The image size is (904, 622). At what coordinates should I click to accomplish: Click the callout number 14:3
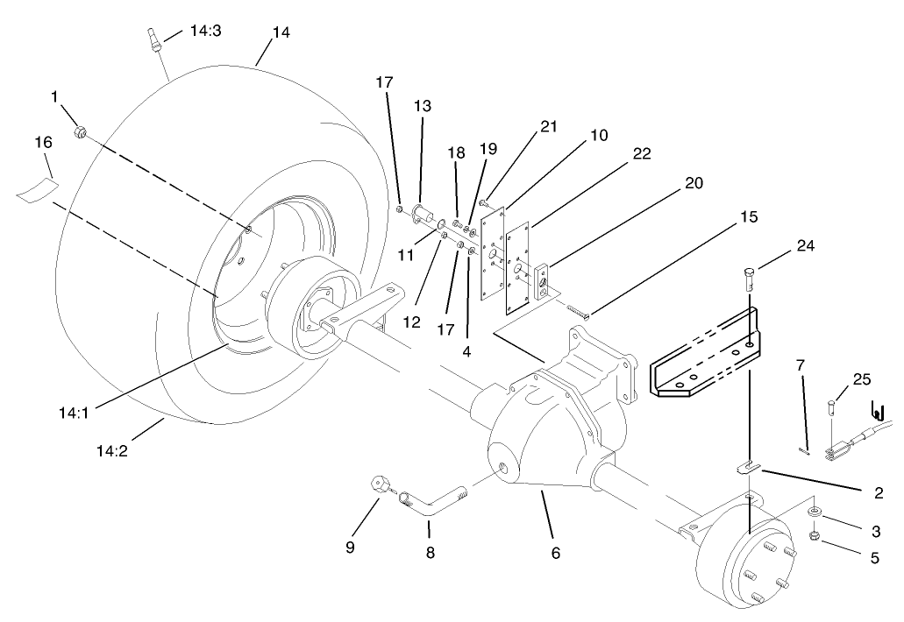tap(205, 32)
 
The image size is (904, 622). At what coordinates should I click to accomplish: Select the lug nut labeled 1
tap(80, 132)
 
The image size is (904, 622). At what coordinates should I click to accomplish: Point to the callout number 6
tap(555, 553)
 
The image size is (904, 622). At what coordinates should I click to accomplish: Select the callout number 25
tap(861, 378)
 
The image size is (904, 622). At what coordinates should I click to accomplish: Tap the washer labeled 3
tap(815, 511)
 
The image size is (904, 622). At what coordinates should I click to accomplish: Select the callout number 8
tap(430, 553)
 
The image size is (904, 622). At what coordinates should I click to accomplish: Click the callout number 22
tap(641, 154)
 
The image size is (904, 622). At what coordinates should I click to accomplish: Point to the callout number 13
tap(423, 105)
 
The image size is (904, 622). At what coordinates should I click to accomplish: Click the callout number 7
tap(799, 364)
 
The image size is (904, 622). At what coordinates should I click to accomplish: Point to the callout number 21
tap(549, 127)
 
